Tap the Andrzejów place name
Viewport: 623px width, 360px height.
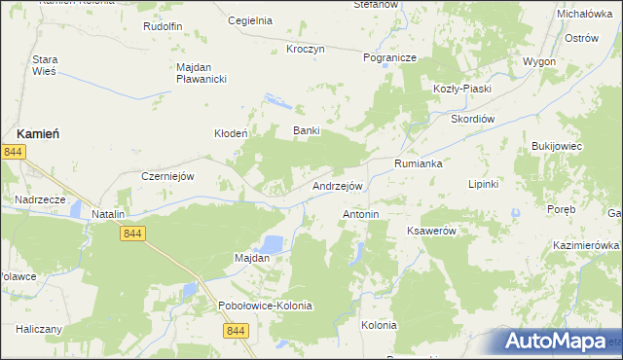point(338,186)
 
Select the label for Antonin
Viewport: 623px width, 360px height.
point(360,213)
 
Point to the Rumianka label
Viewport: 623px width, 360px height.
point(419,164)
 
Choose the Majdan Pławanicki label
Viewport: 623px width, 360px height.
point(202,73)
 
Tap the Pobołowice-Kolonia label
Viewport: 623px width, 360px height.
point(265,306)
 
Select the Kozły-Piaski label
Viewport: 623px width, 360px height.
point(462,89)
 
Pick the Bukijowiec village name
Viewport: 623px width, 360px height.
point(556,146)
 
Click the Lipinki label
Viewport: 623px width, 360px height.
point(483,184)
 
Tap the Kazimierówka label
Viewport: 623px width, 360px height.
point(586,246)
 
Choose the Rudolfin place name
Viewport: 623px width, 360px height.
point(163,26)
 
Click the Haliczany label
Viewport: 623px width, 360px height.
point(38,329)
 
